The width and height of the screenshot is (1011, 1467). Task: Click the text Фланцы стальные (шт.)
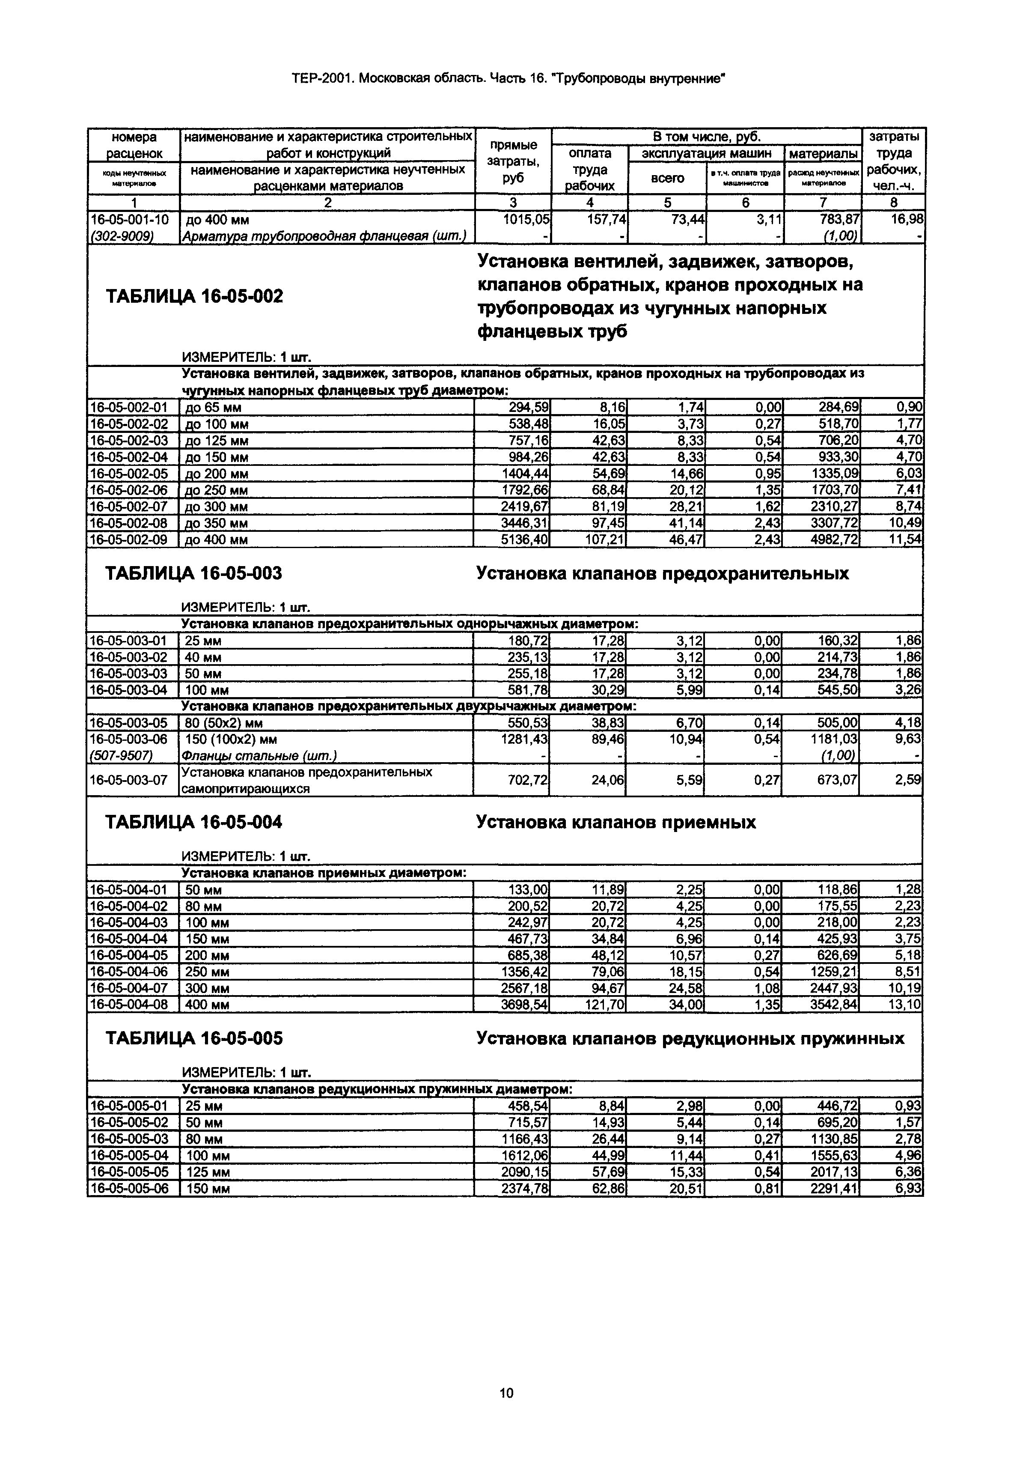point(259,755)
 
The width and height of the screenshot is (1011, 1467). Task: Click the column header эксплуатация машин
point(706,153)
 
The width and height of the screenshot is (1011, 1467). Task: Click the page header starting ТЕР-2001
point(507,79)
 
